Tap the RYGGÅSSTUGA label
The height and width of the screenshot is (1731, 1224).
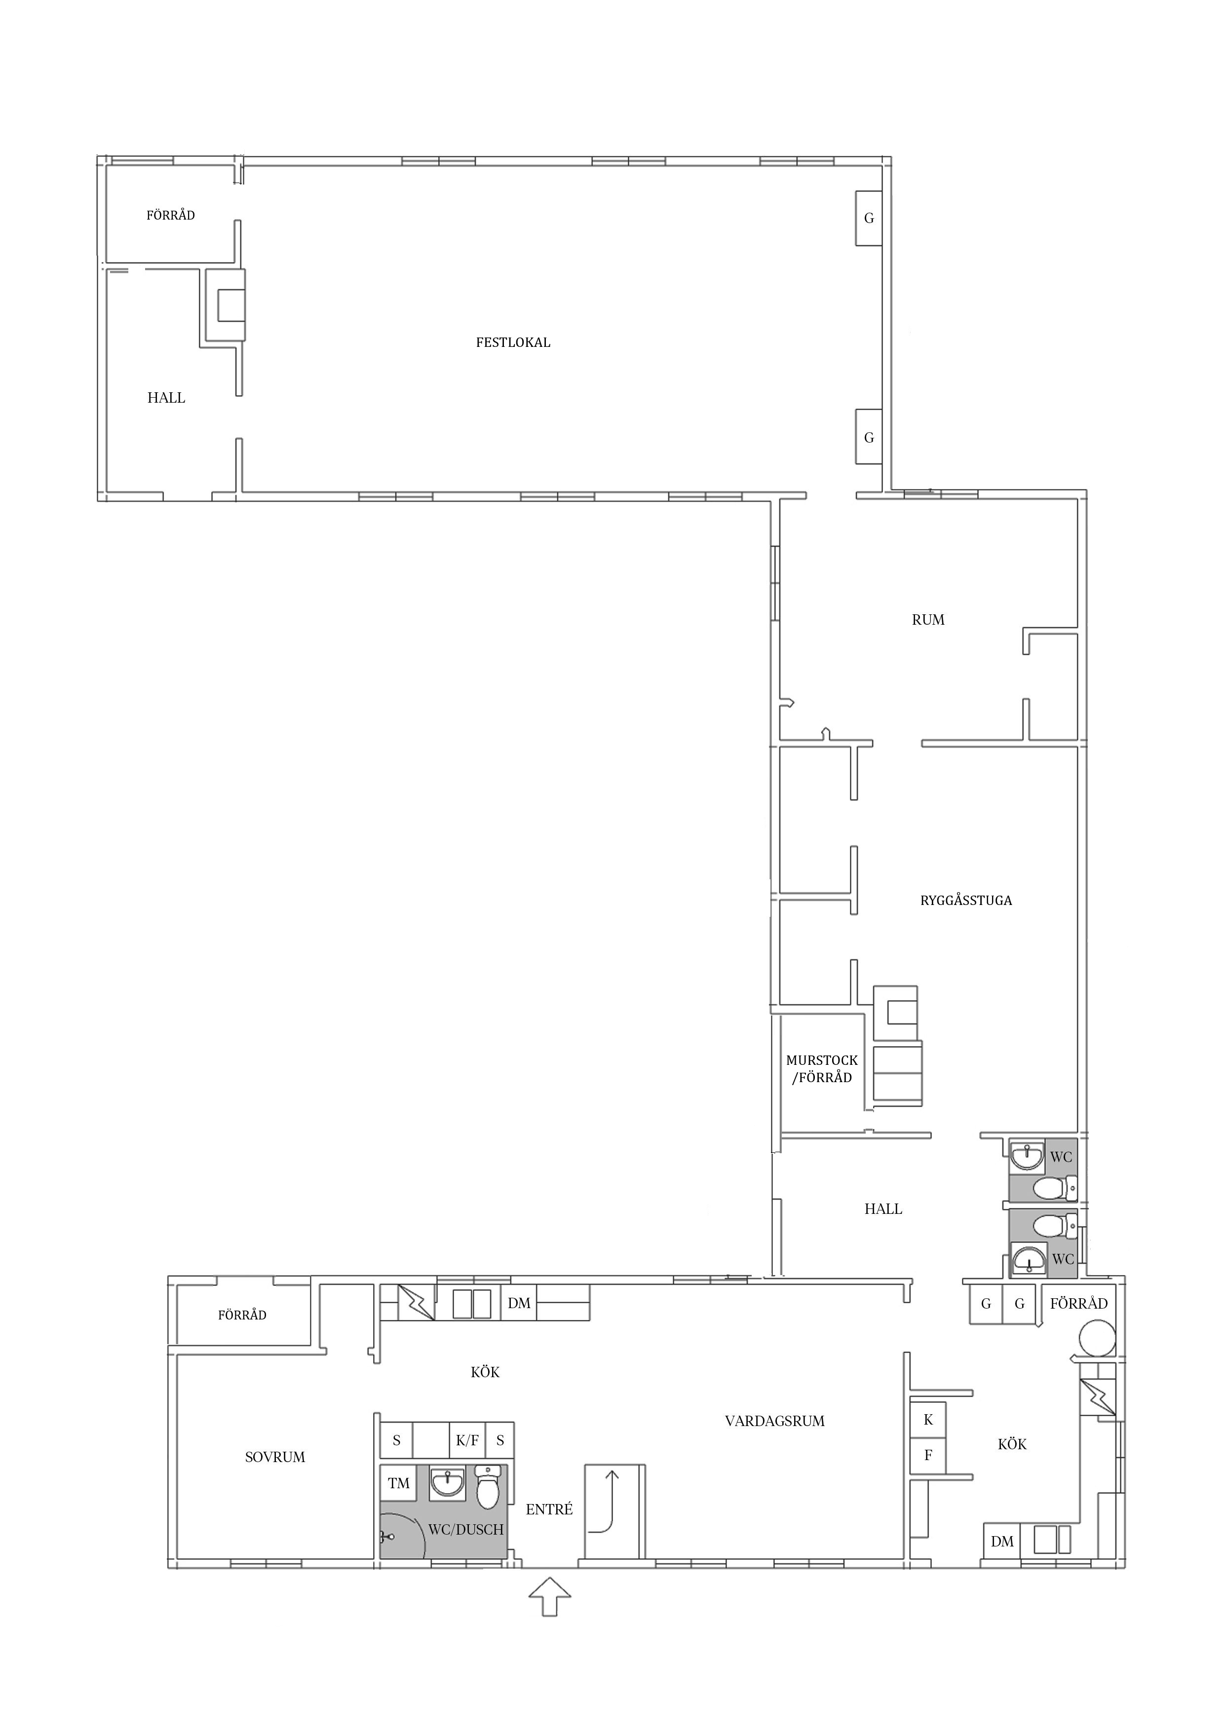(966, 900)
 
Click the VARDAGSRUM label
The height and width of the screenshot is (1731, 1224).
(774, 1421)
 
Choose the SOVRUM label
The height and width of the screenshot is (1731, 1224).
(275, 1457)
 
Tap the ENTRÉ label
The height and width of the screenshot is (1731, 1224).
(549, 1509)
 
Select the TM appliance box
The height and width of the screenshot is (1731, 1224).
(398, 1484)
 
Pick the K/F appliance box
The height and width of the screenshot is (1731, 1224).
(467, 1441)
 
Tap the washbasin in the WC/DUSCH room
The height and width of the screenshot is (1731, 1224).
(447, 1484)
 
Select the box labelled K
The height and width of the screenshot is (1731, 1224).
(928, 1420)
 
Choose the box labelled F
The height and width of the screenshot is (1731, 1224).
(928, 1456)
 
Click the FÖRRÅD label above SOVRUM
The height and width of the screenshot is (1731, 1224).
(242, 1316)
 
